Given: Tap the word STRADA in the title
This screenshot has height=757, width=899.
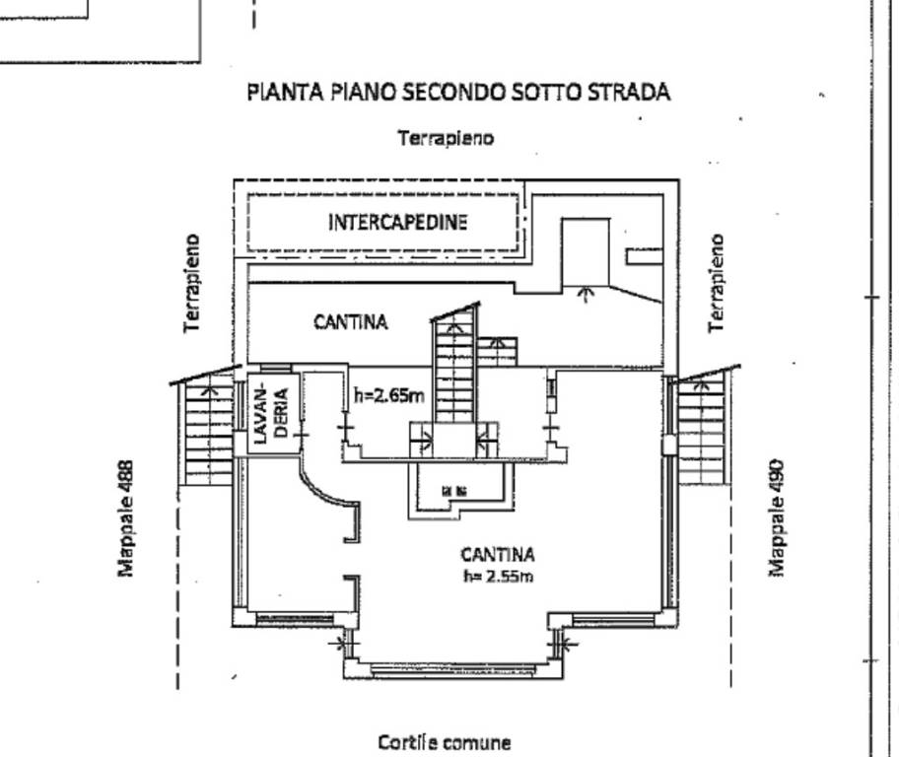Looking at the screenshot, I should click(629, 93).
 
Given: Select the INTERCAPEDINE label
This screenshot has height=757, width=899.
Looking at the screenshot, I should click(397, 222).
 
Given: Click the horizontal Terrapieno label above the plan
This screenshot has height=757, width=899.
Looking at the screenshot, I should click(445, 139).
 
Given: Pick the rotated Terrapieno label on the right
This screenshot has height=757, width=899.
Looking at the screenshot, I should click(717, 283).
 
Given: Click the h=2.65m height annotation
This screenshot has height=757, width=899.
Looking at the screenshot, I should click(389, 396).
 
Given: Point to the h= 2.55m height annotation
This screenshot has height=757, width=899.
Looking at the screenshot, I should click(497, 577).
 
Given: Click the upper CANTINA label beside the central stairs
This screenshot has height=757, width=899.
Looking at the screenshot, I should click(350, 321).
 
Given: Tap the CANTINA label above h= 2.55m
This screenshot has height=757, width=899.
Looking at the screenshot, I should click(497, 555).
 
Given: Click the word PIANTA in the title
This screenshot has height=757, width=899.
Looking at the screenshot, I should click(280, 93).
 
